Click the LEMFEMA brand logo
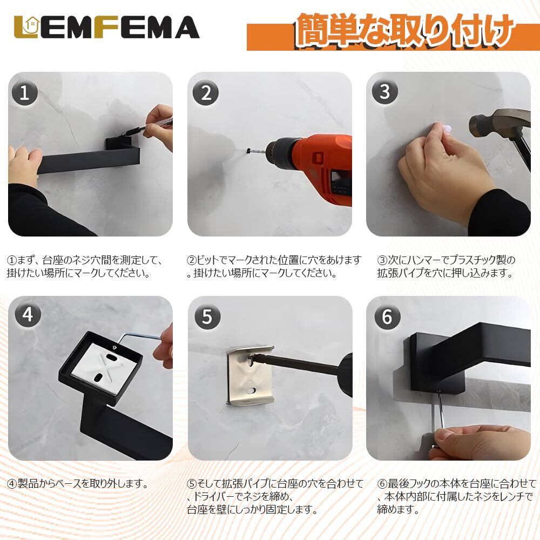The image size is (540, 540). tap(106, 27)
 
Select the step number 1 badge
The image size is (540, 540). tap(25, 93)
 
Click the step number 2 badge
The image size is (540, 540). tap(206, 93)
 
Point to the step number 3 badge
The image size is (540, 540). tap(385, 92)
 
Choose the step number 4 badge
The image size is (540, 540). tap(28, 314)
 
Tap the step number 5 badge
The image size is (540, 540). tap(208, 316)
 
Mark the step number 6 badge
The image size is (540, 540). tap(387, 316)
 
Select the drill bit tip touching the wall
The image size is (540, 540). tap(248, 151)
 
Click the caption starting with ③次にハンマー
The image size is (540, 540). tap(446, 266)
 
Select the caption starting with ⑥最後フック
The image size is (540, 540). tap(456, 496)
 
